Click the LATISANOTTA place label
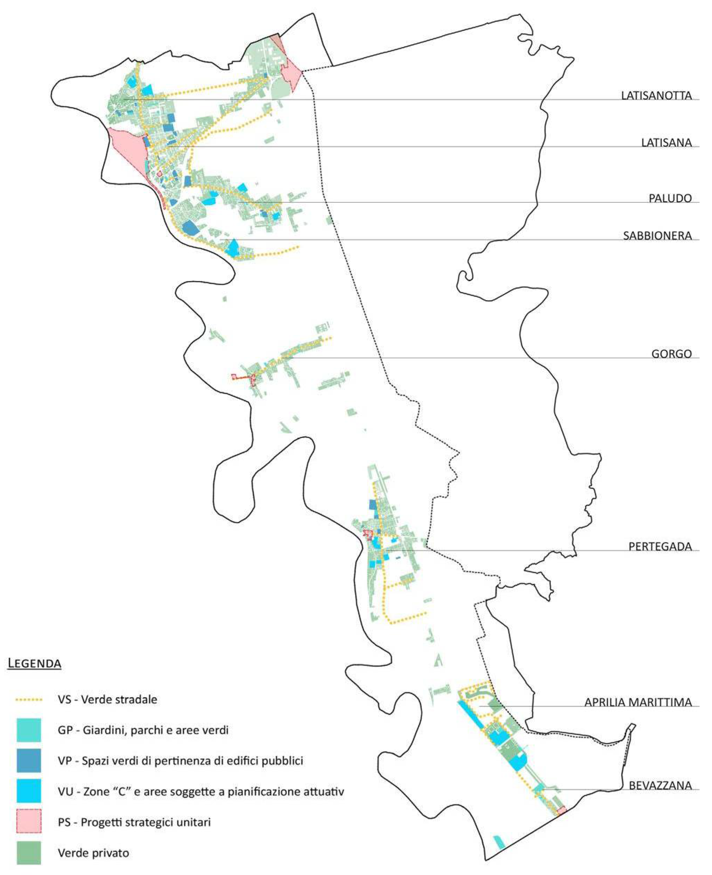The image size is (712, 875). (656, 96)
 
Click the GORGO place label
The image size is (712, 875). (671, 354)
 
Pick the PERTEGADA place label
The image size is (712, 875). (660, 546)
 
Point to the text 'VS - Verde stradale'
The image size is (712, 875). (107, 699)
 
